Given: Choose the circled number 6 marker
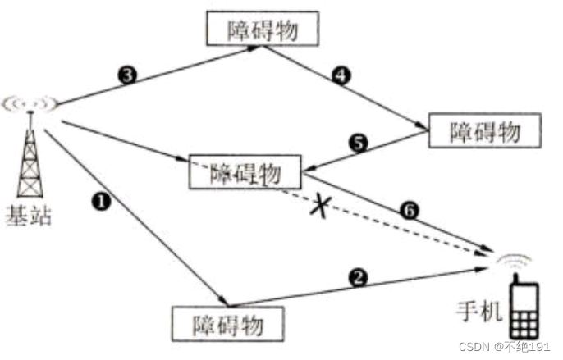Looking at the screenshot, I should click(410, 210).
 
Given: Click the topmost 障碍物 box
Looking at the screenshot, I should click(261, 30).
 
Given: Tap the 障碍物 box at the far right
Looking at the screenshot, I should click(485, 130).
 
